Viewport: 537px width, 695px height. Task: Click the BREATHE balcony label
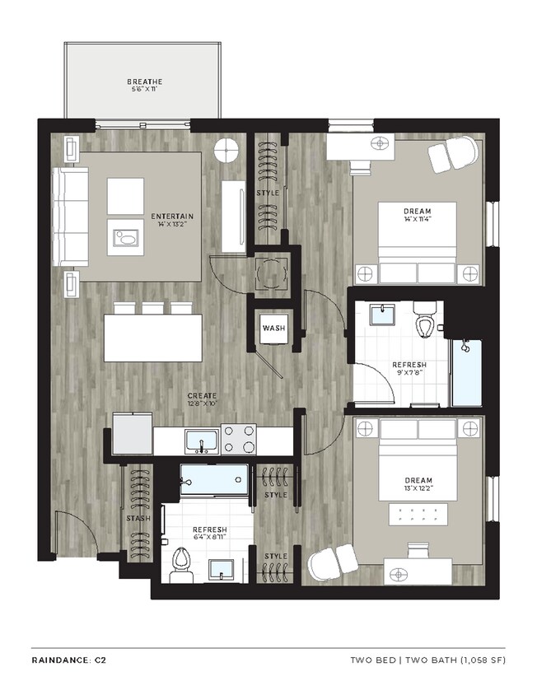(144, 82)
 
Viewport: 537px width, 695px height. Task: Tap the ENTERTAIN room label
(171, 217)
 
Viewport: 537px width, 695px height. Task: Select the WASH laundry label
(273, 329)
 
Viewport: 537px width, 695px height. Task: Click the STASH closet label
(138, 520)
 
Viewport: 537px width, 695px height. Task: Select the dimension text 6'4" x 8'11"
(209, 539)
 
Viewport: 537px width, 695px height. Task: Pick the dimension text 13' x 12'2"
(418, 489)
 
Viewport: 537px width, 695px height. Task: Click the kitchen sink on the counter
(201, 441)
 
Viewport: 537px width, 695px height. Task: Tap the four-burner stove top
(239, 440)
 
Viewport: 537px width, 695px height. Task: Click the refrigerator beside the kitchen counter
(132, 433)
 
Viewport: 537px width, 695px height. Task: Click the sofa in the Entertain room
(71, 217)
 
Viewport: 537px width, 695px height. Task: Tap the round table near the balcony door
(226, 150)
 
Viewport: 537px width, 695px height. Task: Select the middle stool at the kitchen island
(153, 309)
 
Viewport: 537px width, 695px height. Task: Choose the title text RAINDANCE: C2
(68, 660)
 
